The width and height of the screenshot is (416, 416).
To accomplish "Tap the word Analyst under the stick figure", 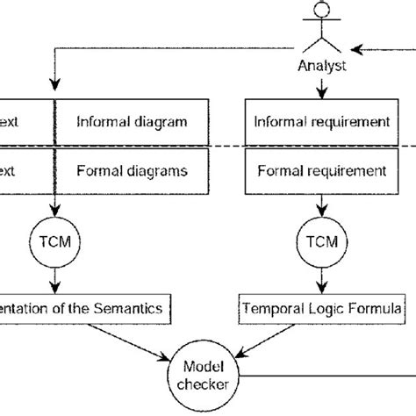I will click(x=321, y=65).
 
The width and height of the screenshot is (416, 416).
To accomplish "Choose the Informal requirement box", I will click(x=322, y=118).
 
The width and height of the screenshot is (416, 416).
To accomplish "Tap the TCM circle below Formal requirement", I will click(x=321, y=240).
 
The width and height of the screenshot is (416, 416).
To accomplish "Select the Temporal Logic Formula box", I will click(x=322, y=308).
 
